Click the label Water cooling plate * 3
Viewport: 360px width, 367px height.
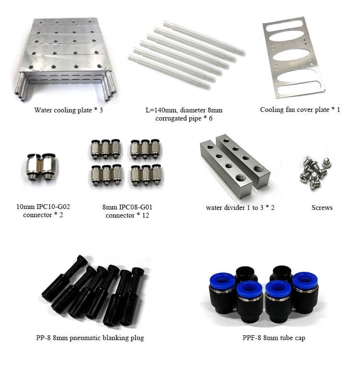tap(68, 110)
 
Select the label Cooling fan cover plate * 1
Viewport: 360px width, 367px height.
tap(300, 110)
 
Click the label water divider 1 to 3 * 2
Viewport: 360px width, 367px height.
tap(240, 208)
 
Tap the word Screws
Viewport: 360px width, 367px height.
tap(322, 208)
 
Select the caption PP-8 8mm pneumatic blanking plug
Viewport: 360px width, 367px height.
tap(90, 338)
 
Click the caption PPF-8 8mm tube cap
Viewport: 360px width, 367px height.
tap(274, 338)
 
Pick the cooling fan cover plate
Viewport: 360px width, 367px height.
tap(294, 58)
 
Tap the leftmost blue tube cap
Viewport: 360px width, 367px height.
tap(222, 293)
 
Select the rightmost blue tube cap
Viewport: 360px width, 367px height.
tap(305, 292)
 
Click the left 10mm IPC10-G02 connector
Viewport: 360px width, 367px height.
tap(35, 167)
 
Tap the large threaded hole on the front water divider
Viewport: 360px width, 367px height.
tap(240, 178)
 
